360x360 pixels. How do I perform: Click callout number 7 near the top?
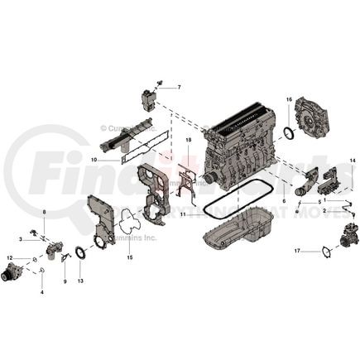coord(178,87)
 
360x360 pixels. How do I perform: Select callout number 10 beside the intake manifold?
coord(94,160)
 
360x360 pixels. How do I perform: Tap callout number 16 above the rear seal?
coord(289,100)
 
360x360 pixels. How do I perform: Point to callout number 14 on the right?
coord(352,160)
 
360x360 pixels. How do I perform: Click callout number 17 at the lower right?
coord(296,249)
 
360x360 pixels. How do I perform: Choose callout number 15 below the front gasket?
coord(129,257)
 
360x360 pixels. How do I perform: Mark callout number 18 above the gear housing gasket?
coord(188,141)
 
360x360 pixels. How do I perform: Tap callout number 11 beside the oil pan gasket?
coord(183,214)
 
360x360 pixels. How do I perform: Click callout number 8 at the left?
coord(45,213)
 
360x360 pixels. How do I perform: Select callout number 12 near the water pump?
coord(10,259)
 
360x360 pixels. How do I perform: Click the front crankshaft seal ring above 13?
coord(80,252)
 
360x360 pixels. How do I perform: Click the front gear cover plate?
coord(99,219)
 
